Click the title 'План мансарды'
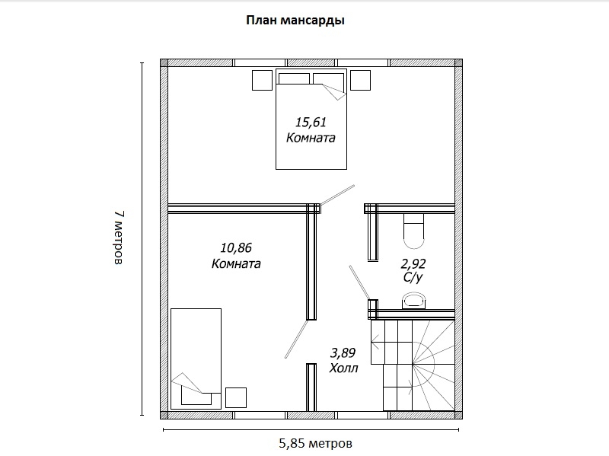[295, 21]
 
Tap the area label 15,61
[311, 123]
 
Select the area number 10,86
[236, 248]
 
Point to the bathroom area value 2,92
[413, 264]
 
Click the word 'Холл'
[343, 368]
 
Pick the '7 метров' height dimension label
[119, 238]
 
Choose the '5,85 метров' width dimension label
[315, 443]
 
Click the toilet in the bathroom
[413, 231]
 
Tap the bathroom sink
[413, 301]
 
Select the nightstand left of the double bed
[262, 80]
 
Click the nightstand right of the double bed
[360, 80]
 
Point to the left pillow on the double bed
[294, 78]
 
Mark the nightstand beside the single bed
[236, 397]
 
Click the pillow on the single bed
[196, 398]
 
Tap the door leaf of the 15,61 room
[337, 195]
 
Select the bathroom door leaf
[359, 282]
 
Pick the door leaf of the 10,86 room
[296, 339]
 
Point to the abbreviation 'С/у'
[413, 277]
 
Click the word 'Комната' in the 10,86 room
[236, 263]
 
